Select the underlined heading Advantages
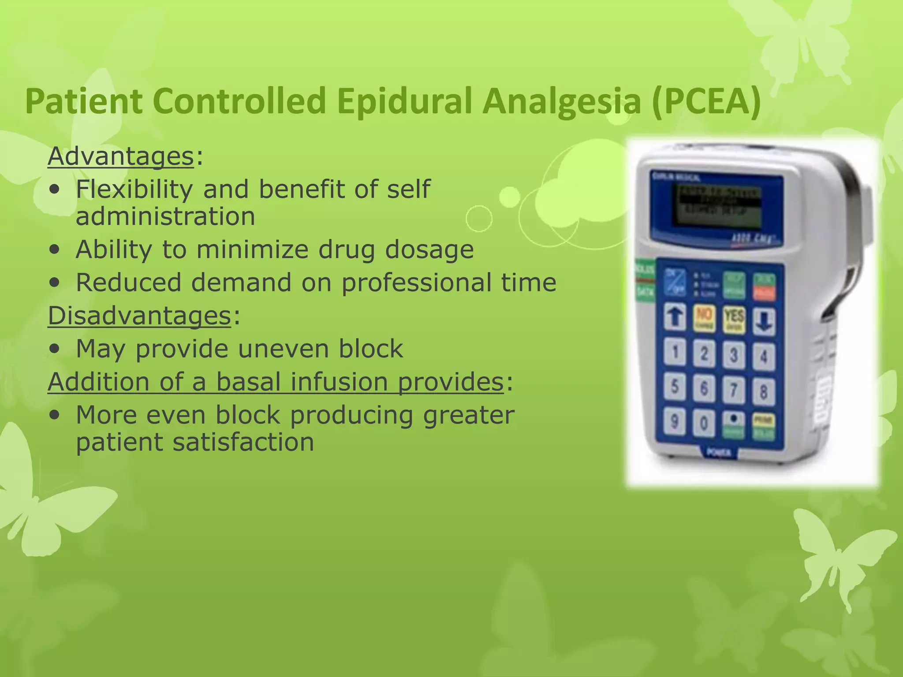(x=120, y=156)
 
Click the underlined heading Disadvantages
(x=139, y=316)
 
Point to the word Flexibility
(x=134, y=190)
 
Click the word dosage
(x=429, y=249)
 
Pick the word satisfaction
(x=243, y=442)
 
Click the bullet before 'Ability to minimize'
(x=55, y=250)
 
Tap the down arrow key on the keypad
(x=764, y=320)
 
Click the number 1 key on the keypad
(x=675, y=353)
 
